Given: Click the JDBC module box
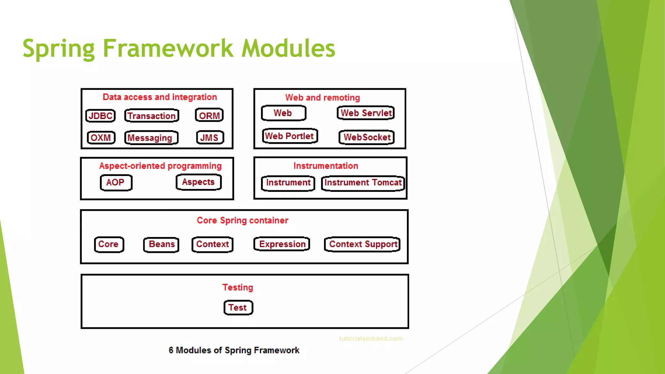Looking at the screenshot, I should coord(100,116).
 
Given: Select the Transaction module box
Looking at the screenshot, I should coord(152,116).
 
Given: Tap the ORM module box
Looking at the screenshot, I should coord(209,116).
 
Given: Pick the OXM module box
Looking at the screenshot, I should coord(101,138).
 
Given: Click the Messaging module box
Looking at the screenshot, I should coord(151,138).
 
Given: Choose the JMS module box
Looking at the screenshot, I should coord(210,138).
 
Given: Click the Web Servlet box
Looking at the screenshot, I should coord(366,113).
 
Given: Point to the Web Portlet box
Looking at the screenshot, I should coord(290,136).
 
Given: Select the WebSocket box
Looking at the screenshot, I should coord(367,137).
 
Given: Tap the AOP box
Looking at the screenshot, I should coord(116,182).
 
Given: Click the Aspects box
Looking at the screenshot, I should coord(198,182).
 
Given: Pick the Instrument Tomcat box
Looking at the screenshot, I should coord(363,183).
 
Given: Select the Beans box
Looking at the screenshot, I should coord(161,244).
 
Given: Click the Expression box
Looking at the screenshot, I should coord(282,244).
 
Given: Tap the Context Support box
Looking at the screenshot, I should coord(362,244).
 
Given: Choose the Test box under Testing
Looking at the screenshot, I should coord(238,308).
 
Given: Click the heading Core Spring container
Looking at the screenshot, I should coord(242,220).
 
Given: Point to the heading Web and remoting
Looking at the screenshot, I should coord(322,98).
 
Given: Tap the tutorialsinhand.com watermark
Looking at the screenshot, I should coord(371,339).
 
